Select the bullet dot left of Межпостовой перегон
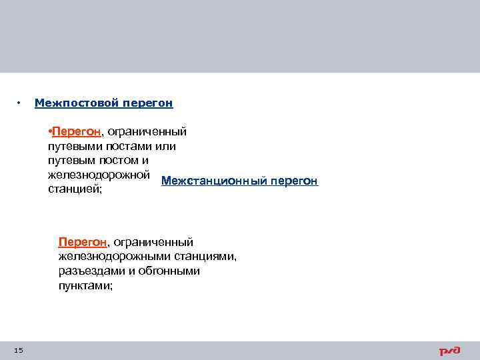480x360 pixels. coord(19,103)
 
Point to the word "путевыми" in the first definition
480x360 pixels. coord(71,146)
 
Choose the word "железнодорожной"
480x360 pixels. coord(98,175)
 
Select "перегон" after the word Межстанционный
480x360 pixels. coord(294,181)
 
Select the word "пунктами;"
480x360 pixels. coord(85,286)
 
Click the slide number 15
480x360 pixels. coord(18,351)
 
